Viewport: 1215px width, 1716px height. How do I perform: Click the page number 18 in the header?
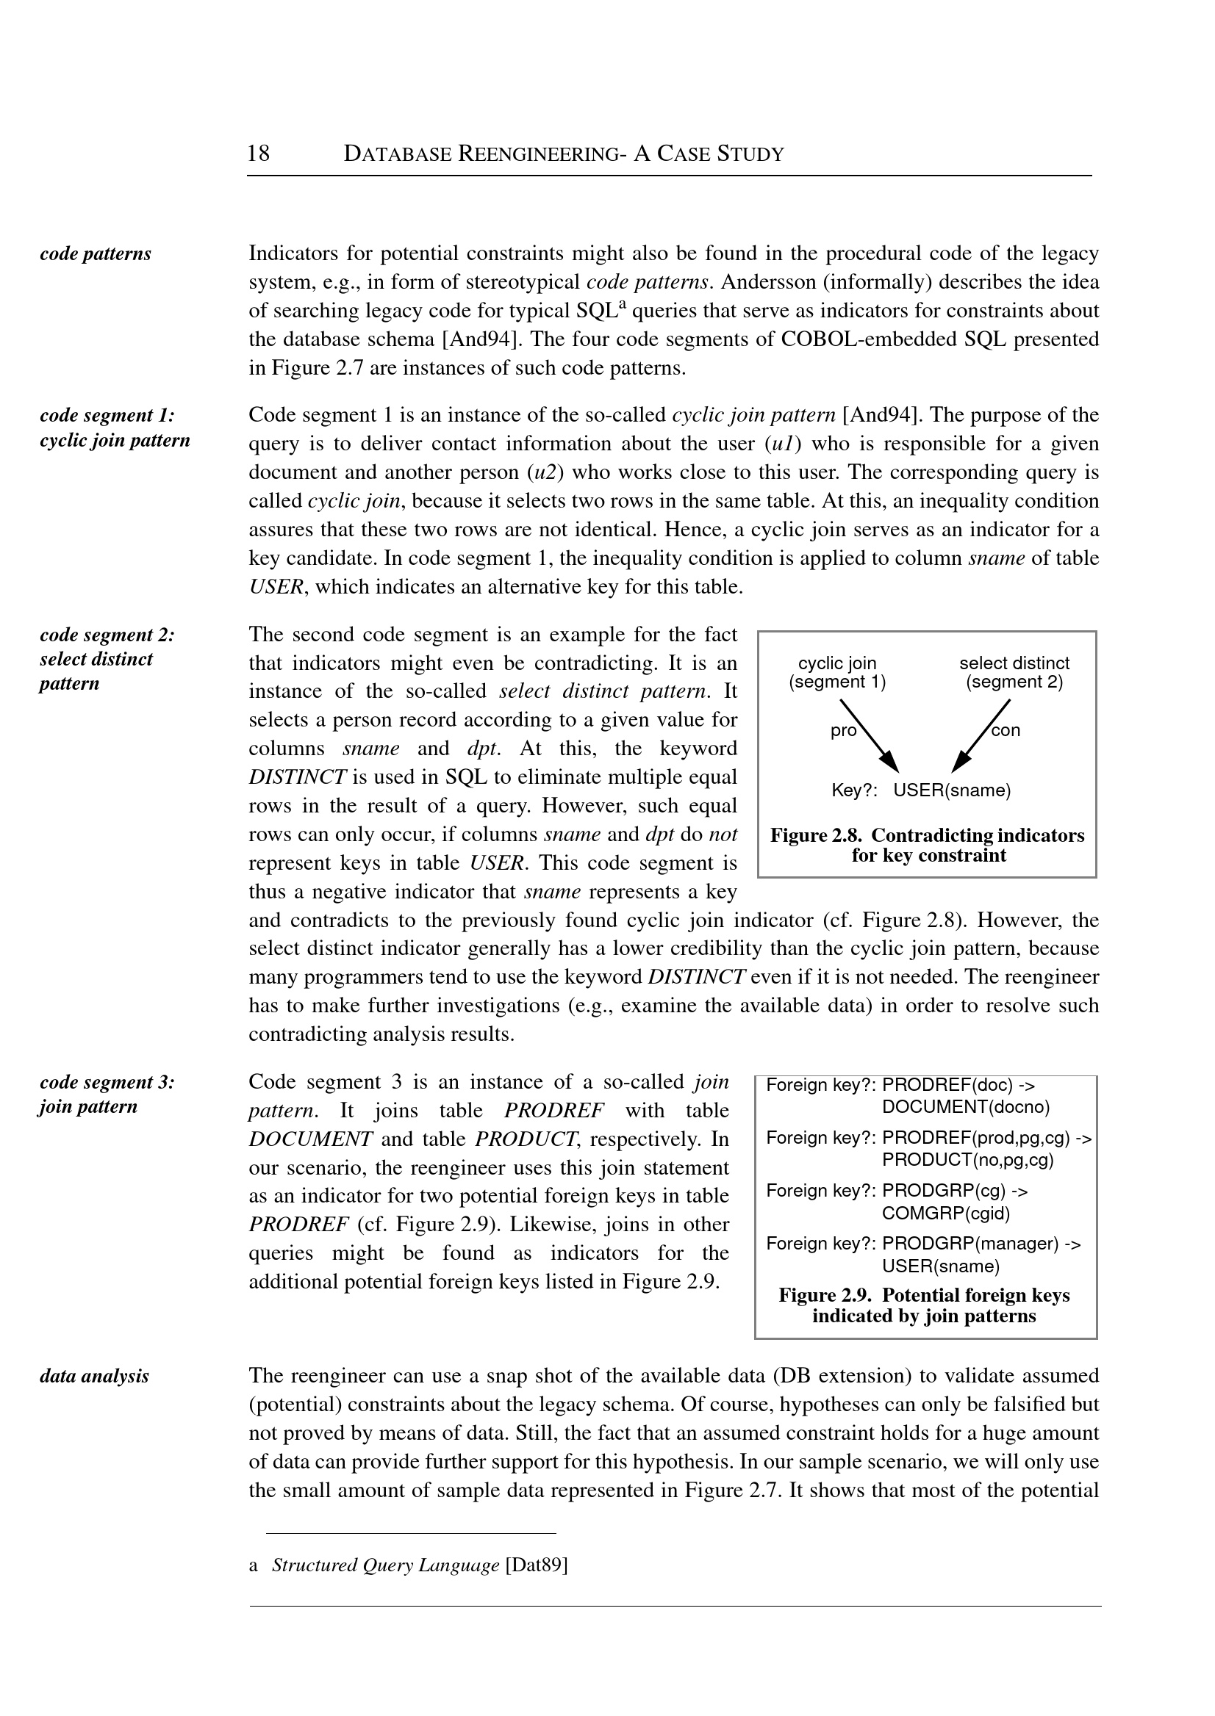tap(258, 154)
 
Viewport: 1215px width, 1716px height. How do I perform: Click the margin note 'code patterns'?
tap(95, 254)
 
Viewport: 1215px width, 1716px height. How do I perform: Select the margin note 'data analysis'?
tap(94, 1376)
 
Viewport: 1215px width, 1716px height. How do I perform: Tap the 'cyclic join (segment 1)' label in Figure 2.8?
tap(837, 672)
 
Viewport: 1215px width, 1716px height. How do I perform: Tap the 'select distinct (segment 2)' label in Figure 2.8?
tap(1014, 672)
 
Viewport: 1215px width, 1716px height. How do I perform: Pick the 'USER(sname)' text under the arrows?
tap(952, 790)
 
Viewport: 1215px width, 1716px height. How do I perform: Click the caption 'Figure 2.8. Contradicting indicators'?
tap(927, 835)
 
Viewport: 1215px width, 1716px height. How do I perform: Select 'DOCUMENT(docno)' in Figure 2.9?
tap(965, 1106)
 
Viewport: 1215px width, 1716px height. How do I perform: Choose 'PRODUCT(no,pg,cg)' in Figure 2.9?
tap(967, 1160)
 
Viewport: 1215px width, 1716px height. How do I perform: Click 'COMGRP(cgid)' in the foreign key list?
tap(946, 1213)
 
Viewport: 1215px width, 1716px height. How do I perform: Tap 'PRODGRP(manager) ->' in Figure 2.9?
tap(981, 1244)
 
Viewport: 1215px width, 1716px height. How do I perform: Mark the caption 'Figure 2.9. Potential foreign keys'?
tap(924, 1295)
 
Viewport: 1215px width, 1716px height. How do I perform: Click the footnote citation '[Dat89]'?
tap(537, 1565)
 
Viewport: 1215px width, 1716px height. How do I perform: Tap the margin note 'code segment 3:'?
tap(107, 1083)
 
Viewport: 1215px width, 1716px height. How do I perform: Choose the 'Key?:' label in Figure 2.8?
tap(853, 790)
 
